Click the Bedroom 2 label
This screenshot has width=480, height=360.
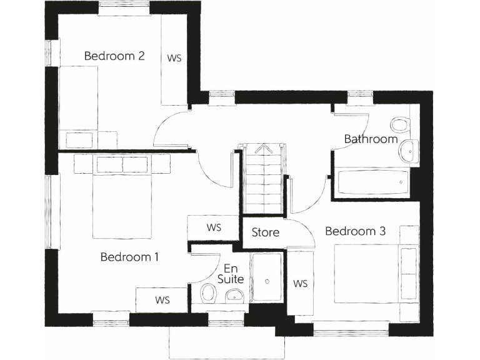click(114, 56)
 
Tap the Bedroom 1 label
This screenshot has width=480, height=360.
click(129, 257)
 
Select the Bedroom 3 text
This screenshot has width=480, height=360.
click(355, 231)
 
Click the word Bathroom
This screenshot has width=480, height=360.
click(371, 139)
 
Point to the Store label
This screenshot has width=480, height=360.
click(265, 232)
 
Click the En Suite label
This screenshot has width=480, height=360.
click(231, 274)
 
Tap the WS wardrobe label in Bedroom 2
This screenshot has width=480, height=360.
click(174, 57)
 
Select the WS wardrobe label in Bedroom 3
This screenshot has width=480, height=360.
click(300, 284)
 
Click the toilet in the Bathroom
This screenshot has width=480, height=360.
click(400, 124)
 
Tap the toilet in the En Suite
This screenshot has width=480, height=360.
click(208, 294)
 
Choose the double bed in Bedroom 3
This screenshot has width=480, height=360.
click(369, 274)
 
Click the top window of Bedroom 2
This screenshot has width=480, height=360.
click(124, 7)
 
